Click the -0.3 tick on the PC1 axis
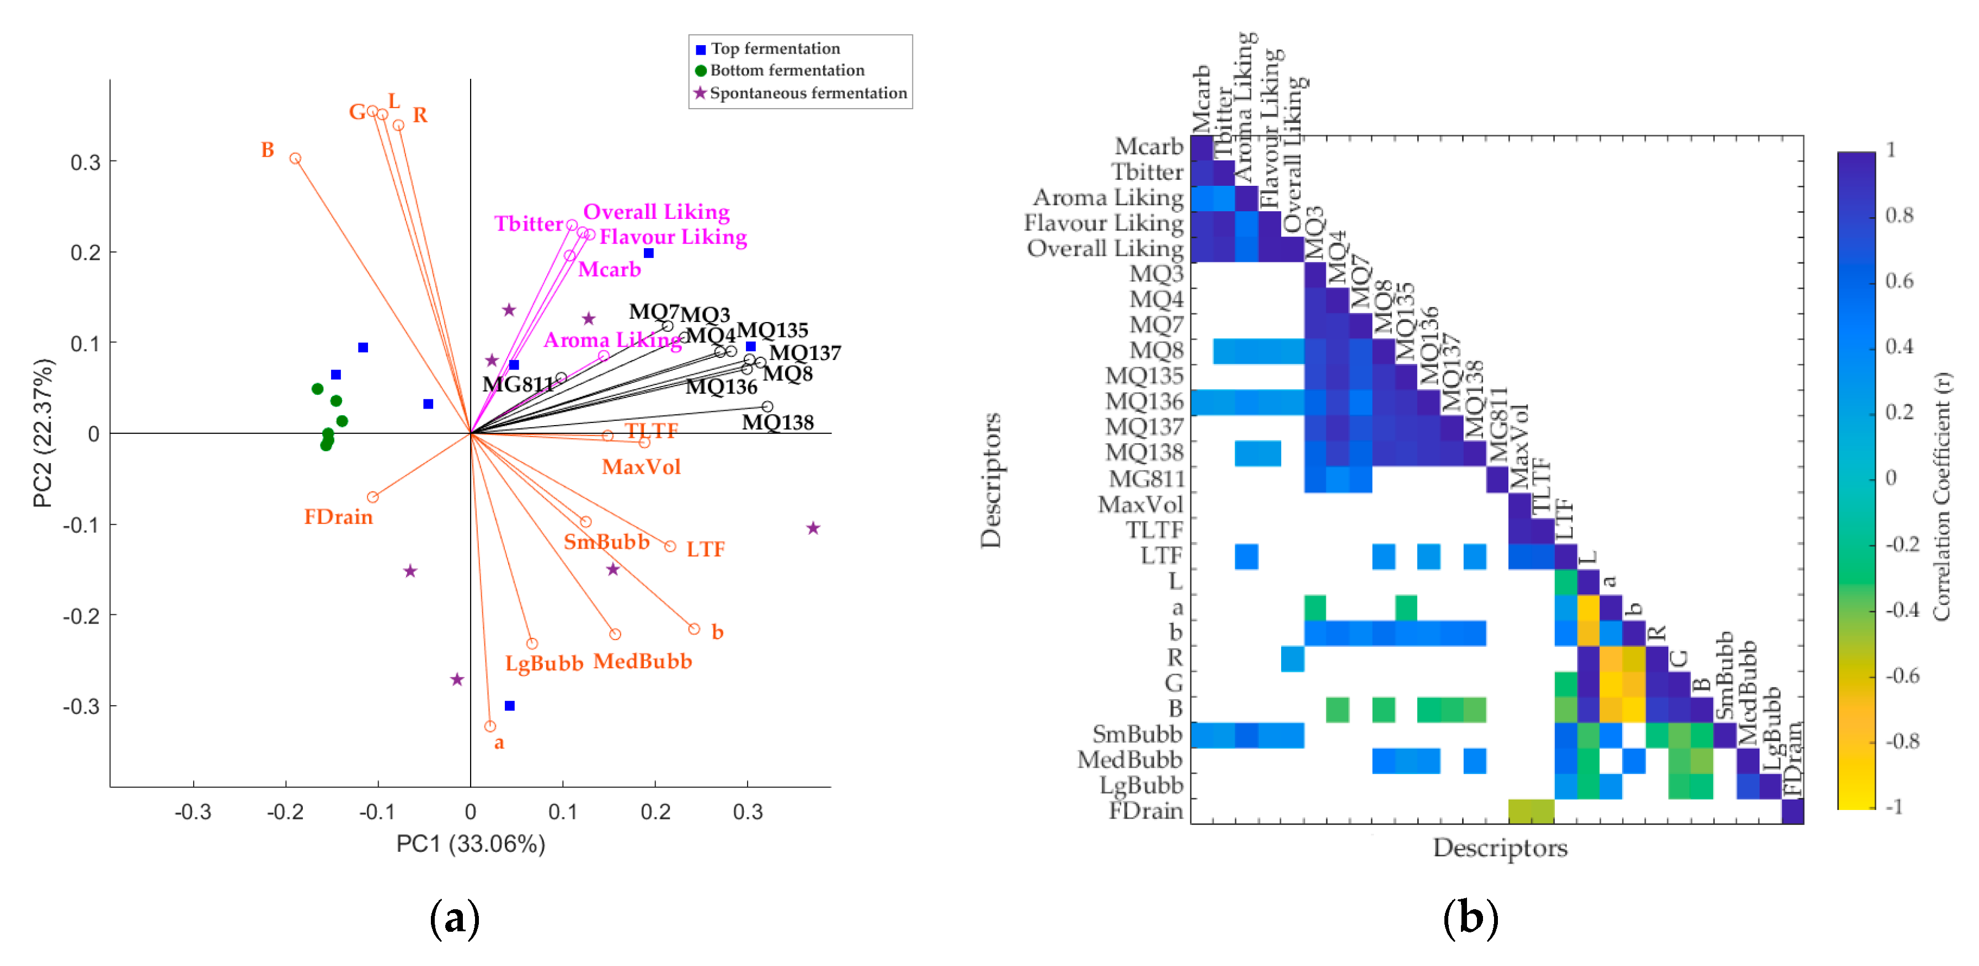point(193,812)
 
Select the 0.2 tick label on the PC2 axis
point(86,253)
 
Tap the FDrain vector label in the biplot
point(338,517)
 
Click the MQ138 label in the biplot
point(777,422)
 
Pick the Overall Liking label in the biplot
point(656,212)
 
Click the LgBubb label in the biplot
point(544,663)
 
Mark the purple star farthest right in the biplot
point(813,528)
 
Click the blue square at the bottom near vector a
point(509,706)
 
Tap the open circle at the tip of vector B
point(295,159)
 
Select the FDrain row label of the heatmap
point(1145,811)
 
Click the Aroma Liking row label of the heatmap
point(1107,198)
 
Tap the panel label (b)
point(1470,919)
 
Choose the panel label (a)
point(455,919)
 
